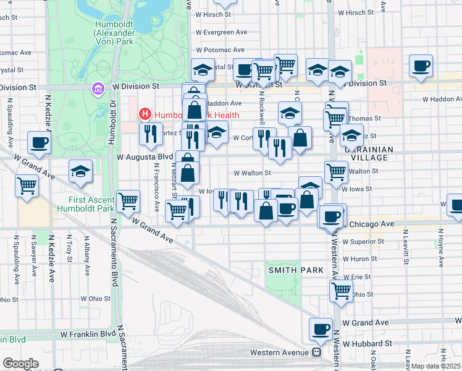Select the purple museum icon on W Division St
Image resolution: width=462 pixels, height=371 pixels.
(x=97, y=89)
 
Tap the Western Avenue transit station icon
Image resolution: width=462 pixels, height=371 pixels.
(x=316, y=352)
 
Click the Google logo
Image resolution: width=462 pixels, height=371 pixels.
(x=21, y=364)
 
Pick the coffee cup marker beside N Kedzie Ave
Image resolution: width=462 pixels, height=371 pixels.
(x=38, y=142)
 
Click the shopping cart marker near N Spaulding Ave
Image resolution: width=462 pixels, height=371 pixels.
(x=27, y=185)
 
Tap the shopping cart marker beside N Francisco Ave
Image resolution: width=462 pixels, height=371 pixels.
(x=128, y=200)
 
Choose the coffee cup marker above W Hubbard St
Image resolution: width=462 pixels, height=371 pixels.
(x=321, y=330)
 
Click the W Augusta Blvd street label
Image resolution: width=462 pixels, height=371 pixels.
(x=144, y=157)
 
